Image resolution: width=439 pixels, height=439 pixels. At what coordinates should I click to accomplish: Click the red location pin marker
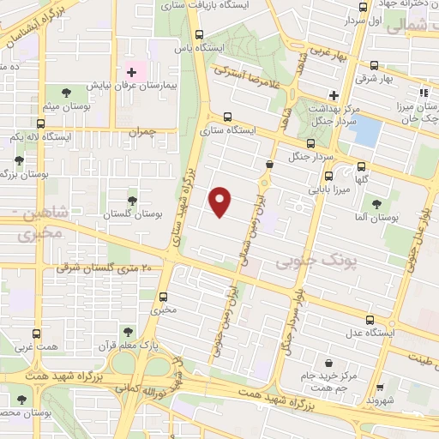point(221,201)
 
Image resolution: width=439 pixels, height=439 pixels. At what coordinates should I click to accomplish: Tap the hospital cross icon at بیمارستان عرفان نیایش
point(131,71)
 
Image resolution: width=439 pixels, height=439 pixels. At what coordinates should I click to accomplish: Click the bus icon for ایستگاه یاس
point(200,35)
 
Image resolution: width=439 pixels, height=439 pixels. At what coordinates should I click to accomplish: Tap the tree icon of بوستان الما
point(376,202)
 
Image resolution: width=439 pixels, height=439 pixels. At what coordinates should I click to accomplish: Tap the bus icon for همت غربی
point(36,334)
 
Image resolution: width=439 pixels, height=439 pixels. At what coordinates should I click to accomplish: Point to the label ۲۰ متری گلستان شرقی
point(108,268)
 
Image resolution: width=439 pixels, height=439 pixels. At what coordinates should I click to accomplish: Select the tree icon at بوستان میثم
point(66,92)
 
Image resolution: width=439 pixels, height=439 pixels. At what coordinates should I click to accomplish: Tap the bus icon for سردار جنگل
point(310,143)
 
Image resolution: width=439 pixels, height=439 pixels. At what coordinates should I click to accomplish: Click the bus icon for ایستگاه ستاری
point(227,117)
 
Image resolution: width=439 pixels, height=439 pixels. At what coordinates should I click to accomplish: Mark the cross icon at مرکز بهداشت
point(334,96)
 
